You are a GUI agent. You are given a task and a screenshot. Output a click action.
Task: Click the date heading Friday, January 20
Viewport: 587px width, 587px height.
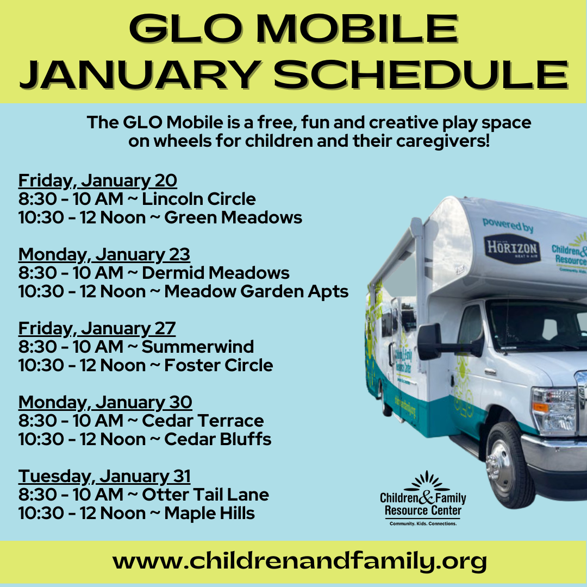pyautogui.click(x=98, y=180)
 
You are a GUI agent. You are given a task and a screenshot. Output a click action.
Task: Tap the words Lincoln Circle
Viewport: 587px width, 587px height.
pyautogui.click(x=199, y=199)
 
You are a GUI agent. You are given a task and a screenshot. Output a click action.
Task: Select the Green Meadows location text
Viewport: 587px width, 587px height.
pyautogui.click(x=233, y=217)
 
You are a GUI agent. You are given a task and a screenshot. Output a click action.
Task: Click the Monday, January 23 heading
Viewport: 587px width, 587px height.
pyautogui.click(x=104, y=254)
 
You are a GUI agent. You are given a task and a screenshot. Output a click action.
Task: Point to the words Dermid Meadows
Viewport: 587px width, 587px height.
pyautogui.click(x=216, y=273)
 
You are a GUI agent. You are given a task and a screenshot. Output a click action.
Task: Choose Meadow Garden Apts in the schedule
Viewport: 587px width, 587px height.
pyautogui.click(x=256, y=291)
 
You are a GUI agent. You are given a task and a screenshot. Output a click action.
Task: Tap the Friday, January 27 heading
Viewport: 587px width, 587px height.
pyautogui.click(x=97, y=328)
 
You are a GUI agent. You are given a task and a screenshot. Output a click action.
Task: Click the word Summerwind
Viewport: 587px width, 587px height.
pyautogui.click(x=198, y=347)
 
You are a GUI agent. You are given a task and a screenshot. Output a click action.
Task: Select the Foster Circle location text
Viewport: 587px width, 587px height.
pyautogui.click(x=218, y=365)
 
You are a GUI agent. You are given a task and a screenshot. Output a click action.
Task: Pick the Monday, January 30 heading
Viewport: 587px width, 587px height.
pyautogui.click(x=105, y=402)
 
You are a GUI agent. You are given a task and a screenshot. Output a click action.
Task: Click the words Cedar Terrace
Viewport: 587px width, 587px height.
pyautogui.click(x=203, y=421)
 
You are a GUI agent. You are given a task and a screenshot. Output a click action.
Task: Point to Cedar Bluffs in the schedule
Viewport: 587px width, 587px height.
pyautogui.click(x=217, y=439)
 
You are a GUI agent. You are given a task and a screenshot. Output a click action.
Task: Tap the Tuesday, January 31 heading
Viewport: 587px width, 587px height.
pyautogui.click(x=104, y=476)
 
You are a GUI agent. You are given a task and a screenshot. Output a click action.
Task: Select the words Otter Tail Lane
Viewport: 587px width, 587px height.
pyautogui.click(x=205, y=495)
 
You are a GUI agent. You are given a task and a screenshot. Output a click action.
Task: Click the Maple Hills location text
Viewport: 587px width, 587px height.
pyautogui.click(x=209, y=513)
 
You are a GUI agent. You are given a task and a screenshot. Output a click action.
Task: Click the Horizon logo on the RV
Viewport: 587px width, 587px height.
pyautogui.click(x=511, y=248)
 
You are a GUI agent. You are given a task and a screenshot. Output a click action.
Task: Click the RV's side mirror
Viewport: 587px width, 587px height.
pyautogui.click(x=430, y=341)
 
